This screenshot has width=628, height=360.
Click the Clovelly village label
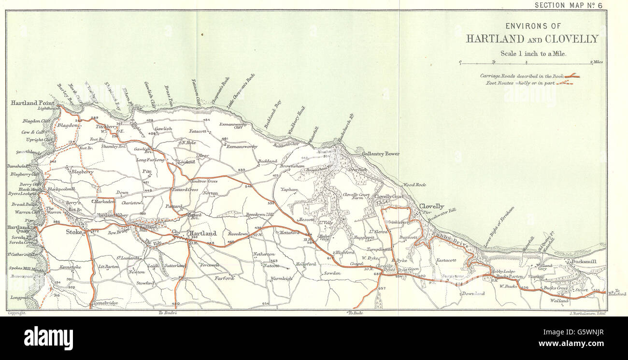click(431, 206)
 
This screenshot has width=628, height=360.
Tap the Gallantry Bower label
click(381, 154)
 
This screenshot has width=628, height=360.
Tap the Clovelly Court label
click(388, 197)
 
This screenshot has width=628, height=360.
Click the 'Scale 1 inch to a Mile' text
click(532, 54)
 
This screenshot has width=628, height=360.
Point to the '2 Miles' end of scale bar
click(596, 62)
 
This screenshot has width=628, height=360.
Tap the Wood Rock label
click(414, 185)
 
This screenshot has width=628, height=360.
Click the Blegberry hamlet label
click(82, 171)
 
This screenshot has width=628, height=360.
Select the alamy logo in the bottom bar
click(48, 338)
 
